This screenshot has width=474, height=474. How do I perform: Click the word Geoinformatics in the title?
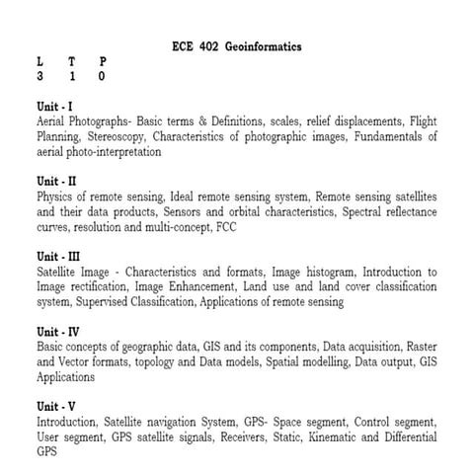point(263,46)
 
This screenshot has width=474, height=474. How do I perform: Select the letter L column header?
point(39,61)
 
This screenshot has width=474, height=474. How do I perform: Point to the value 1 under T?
point(71,75)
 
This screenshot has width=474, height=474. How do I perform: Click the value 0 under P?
point(102,75)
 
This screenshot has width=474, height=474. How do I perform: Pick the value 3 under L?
point(39,75)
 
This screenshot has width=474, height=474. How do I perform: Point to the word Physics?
point(56,197)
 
